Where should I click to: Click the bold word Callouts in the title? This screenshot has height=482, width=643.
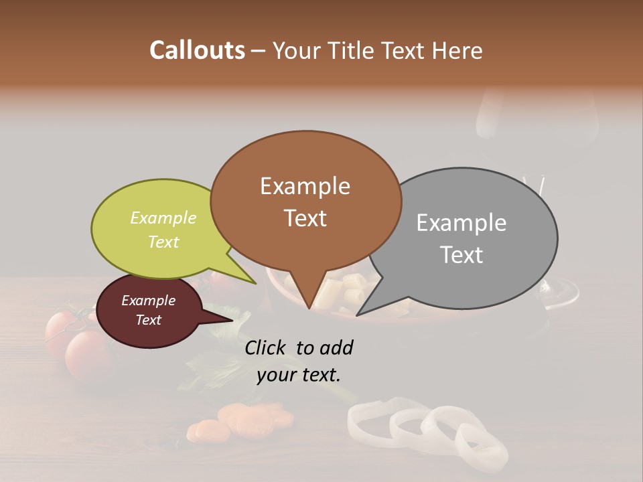197,50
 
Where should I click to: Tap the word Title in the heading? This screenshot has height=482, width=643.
350,50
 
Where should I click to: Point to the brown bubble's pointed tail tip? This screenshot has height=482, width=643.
309,307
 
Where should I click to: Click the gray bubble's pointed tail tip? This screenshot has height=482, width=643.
358,315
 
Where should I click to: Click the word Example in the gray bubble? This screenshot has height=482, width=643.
461,223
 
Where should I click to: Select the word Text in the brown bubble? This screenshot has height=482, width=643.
305,218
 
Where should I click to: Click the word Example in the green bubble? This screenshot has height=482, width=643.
163,218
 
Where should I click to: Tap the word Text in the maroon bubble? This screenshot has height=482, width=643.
148,320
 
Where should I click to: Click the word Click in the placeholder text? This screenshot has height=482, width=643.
267,347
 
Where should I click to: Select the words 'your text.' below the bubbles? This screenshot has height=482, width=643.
298,375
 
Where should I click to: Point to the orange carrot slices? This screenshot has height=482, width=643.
241,418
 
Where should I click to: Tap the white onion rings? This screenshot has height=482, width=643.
429,428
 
